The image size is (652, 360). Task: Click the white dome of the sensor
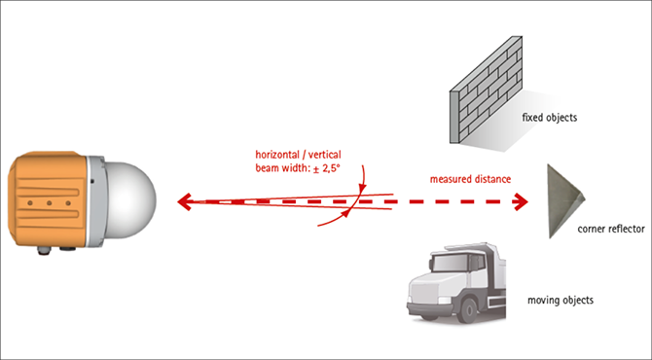pyautogui.click(x=132, y=200)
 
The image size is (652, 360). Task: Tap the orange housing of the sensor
pyautogui.click(x=47, y=199)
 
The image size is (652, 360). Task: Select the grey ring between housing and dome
pyautogui.click(x=96, y=201)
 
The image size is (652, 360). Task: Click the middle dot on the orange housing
pyautogui.click(x=49, y=203)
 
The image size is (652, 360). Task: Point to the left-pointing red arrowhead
pyautogui.click(x=184, y=201)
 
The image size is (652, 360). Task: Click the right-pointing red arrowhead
pyautogui.click(x=521, y=202)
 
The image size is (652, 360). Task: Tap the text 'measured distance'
pyautogui.click(x=470, y=179)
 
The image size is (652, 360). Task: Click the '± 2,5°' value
pyautogui.click(x=326, y=168)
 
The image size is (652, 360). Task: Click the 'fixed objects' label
pyautogui.click(x=549, y=118)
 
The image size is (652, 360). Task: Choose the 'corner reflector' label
pyautogui.click(x=611, y=229)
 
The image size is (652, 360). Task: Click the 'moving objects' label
pyautogui.click(x=561, y=300)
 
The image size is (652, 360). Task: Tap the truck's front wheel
pyautogui.click(x=468, y=309)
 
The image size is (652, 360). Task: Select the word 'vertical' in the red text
pyautogui.click(x=326, y=155)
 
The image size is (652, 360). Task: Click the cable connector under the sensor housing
pyautogui.click(x=44, y=250)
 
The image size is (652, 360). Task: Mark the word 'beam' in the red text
pyautogui.click(x=266, y=168)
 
